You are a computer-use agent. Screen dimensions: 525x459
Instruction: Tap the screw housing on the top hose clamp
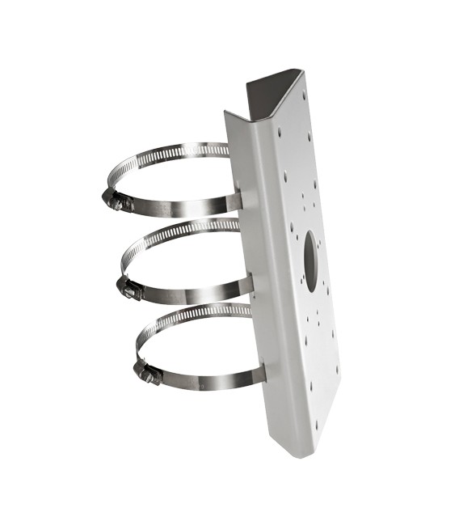(120, 201)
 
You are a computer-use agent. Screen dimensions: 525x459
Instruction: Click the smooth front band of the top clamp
(186, 209)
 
